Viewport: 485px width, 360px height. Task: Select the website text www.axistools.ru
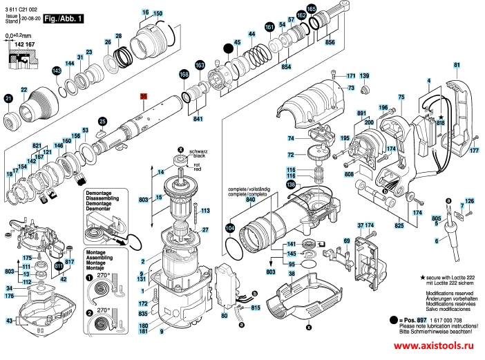437,345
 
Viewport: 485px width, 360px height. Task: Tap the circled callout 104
229,227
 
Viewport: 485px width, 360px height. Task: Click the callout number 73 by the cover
350,88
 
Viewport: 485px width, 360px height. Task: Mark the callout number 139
364,75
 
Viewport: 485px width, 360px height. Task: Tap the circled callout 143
56,72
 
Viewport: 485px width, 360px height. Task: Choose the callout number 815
255,307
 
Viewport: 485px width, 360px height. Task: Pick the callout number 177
474,150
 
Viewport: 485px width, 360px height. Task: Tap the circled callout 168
183,74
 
